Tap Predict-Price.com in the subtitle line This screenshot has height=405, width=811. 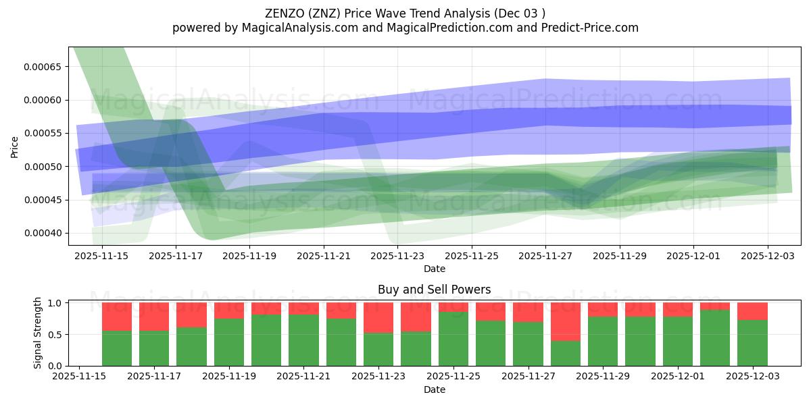[x=587, y=28]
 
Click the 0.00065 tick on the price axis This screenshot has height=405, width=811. [x=43, y=67]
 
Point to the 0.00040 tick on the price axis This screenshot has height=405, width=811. [x=43, y=234]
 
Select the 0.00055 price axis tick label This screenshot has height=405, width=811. [x=43, y=134]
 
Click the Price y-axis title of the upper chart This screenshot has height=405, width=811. [x=15, y=146]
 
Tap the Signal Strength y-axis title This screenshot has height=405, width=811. [x=38, y=333]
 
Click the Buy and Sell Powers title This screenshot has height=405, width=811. [x=434, y=290]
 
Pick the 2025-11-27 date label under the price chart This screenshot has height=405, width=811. [x=545, y=256]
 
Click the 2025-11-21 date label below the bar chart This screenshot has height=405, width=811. [x=303, y=376]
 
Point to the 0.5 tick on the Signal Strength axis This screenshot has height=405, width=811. [x=57, y=335]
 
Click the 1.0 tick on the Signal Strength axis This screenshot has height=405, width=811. [x=57, y=303]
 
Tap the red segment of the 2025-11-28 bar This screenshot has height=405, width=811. [x=565, y=321]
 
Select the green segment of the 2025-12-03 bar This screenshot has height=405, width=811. [x=752, y=343]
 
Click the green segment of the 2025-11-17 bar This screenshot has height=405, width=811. [x=154, y=348]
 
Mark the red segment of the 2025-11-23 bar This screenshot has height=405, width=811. [x=378, y=317]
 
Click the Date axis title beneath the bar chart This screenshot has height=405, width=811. [x=434, y=389]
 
